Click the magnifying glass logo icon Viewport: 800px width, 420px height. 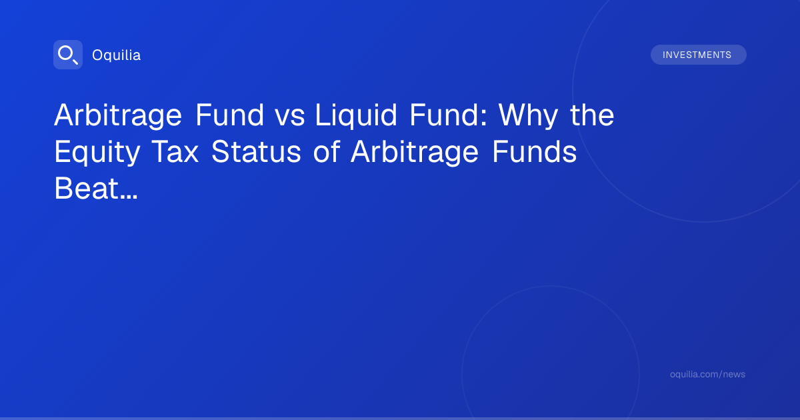pyautogui.click(x=68, y=55)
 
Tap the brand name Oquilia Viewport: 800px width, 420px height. pyautogui.click(x=117, y=55)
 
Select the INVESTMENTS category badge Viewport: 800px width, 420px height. pyautogui.click(x=698, y=55)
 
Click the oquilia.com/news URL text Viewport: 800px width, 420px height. pyautogui.click(x=707, y=374)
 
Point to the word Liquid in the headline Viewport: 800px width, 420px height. pyautogui.click(x=356, y=115)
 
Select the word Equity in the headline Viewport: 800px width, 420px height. pyautogui.click(x=97, y=153)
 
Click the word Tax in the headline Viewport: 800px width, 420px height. pyautogui.click(x=175, y=152)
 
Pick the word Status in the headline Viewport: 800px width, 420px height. pyautogui.click(x=257, y=152)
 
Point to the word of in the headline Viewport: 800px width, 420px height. pyautogui.click(x=327, y=151)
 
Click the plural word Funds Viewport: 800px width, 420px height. pyautogui.click(x=534, y=151)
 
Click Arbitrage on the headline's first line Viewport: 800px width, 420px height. pyautogui.click(x=118, y=115)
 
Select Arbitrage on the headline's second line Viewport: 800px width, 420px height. pyautogui.click(x=414, y=153)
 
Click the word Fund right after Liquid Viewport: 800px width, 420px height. pyautogui.click(x=444, y=115)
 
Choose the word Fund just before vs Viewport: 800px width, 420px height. pyautogui.click(x=229, y=115)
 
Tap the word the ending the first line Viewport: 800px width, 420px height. pyautogui.click(x=592, y=115)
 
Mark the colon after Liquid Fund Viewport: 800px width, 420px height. pyautogui.click(x=484, y=117)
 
